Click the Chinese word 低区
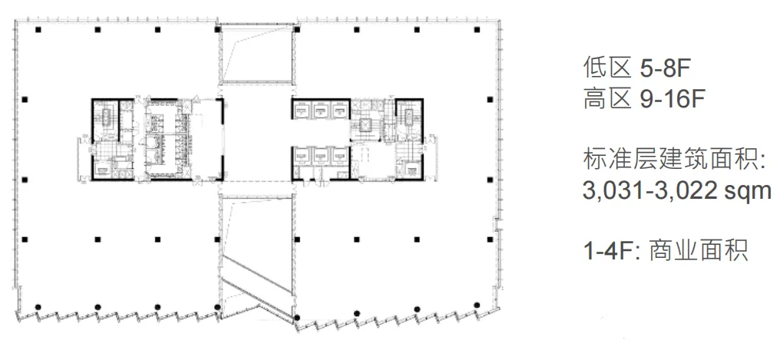pos(608,68)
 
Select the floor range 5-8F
pos(666,69)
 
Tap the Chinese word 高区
pos(608,99)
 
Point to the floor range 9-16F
pos(673,100)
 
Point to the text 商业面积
pos(699,250)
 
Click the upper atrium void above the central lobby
pos(256,54)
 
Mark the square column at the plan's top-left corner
pos(38,30)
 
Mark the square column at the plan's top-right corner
pos(477,30)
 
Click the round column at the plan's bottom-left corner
pos(38,307)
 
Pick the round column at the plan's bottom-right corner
pos(477,305)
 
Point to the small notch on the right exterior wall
pos(495,224)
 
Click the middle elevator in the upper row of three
pos(320,110)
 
